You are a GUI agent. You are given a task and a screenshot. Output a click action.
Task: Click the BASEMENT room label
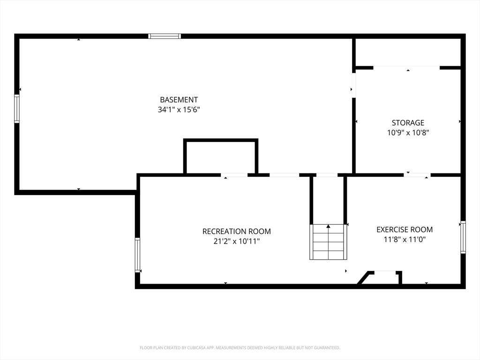pos(179,99)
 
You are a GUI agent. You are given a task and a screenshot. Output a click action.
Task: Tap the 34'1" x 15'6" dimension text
pos(179,110)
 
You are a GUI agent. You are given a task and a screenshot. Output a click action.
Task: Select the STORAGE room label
pos(408,123)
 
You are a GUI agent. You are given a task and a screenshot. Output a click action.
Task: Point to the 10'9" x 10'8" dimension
pos(408,133)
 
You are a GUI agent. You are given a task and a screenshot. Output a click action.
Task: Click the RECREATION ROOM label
pos(237,231)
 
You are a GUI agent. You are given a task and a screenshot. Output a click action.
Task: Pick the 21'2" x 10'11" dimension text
pos(237,241)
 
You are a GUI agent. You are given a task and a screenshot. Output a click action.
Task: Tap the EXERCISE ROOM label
pos(405,230)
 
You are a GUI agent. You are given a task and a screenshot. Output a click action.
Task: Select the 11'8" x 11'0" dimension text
pos(405,240)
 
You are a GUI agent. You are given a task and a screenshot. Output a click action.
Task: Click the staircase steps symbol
pos(328,242)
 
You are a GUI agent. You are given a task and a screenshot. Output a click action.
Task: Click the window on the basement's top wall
pos(165,36)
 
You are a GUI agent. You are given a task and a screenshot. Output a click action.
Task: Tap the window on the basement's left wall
pos(17,109)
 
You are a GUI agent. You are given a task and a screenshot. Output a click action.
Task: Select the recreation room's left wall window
pos(137,255)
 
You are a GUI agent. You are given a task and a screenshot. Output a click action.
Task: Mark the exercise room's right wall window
pos(463,237)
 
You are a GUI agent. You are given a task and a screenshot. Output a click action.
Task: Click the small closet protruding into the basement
pos(221,157)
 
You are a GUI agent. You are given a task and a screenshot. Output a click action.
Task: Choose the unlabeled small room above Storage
pos(407,52)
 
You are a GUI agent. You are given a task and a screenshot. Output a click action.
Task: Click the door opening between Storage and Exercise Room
pos(417,175)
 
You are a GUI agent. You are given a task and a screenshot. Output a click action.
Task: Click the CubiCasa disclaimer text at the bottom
pos(240,348)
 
